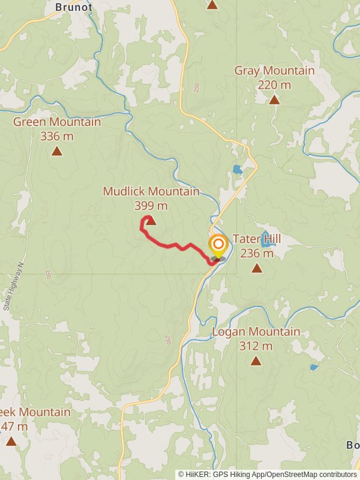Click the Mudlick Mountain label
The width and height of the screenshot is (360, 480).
[151, 191]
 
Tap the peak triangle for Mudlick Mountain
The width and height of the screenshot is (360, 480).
[151, 221]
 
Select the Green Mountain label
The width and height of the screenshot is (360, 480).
[57, 122]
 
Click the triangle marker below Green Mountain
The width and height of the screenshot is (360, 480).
[57, 151]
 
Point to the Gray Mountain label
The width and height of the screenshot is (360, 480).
[274, 71]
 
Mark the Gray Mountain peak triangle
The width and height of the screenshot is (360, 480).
[274, 100]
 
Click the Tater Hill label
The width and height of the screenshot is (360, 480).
[257, 239]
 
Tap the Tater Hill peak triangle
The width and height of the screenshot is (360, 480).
[257, 268]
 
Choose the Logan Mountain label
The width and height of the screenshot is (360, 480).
[256, 332]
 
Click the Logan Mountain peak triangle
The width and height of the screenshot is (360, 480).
[256, 361]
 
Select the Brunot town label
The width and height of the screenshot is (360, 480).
[74, 7]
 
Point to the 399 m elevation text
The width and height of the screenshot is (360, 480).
[151, 206]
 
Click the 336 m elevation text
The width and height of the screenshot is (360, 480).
[57, 136]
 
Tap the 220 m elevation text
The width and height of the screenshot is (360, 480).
[274, 85]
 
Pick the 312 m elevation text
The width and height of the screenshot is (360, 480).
[256, 346]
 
